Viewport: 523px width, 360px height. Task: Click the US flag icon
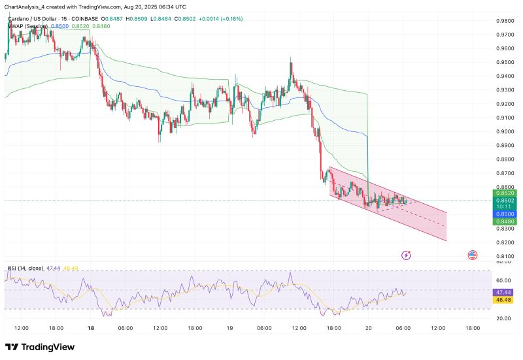point(471,255)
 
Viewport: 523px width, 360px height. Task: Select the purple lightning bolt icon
point(407,255)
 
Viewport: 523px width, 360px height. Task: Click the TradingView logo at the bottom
point(39,347)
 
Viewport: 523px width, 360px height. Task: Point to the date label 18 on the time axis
point(91,328)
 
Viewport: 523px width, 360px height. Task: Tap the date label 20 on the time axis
point(368,328)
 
